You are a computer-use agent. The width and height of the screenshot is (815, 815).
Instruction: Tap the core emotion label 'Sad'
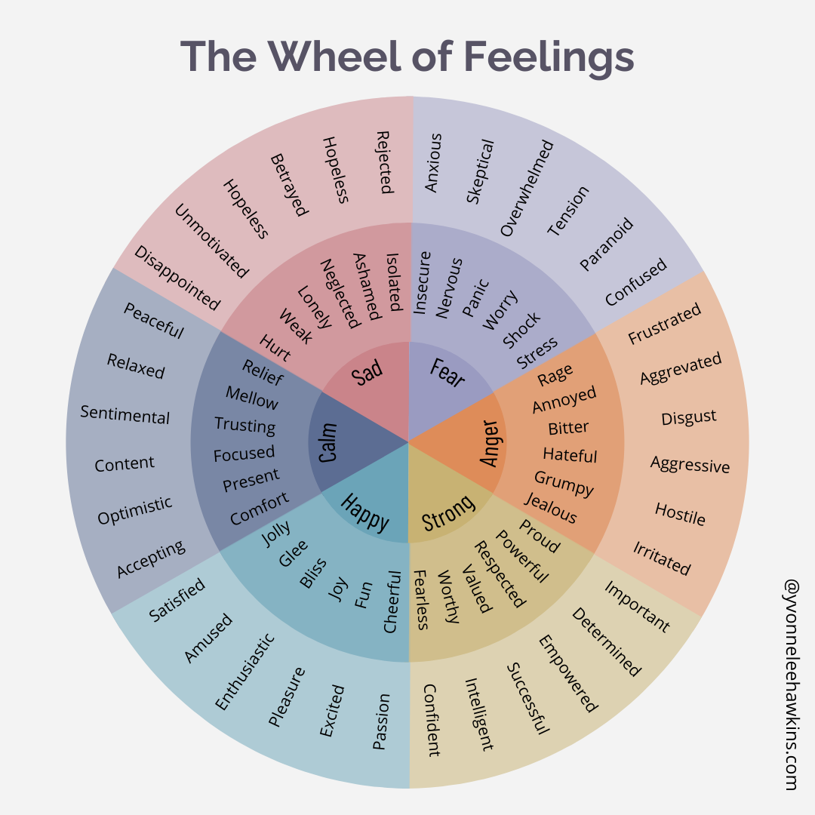pyautogui.click(x=368, y=372)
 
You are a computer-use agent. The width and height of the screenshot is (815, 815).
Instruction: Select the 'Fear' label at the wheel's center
pyautogui.click(x=447, y=372)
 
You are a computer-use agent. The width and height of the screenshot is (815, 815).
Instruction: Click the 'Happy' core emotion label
pyautogui.click(x=364, y=512)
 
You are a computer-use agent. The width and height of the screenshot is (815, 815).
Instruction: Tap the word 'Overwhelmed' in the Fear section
pyautogui.click(x=527, y=188)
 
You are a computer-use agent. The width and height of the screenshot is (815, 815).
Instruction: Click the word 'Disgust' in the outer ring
pyautogui.click(x=688, y=417)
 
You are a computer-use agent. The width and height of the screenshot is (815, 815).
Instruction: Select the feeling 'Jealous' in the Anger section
pyautogui.click(x=550, y=508)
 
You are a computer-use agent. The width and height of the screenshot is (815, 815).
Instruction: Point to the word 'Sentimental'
pyautogui.click(x=125, y=414)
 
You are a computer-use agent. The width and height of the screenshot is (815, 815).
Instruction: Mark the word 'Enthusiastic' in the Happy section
pyautogui.click(x=244, y=671)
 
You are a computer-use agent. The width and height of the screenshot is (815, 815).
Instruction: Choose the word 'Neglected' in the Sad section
pyautogui.click(x=339, y=294)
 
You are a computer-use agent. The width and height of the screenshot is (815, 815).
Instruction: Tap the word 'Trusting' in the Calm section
pyautogui.click(x=244, y=425)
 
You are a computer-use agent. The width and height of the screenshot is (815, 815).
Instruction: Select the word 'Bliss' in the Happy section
pyautogui.click(x=312, y=573)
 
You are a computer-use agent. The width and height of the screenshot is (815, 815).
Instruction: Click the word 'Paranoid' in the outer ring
pyautogui.click(x=606, y=244)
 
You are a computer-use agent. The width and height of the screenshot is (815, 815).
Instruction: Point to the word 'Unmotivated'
pyautogui.click(x=211, y=241)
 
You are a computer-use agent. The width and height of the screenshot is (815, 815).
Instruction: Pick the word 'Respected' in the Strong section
pyautogui.click(x=499, y=574)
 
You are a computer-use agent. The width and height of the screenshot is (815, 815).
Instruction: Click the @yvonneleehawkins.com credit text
pyautogui.click(x=791, y=684)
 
